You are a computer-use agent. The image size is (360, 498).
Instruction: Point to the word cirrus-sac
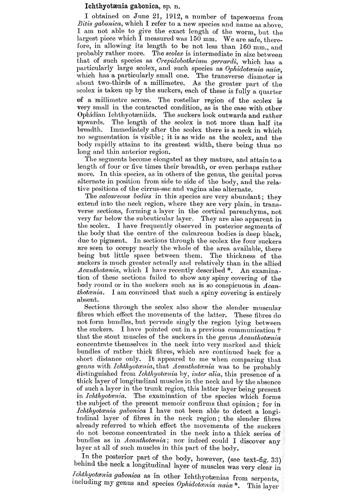pos(167,189)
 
